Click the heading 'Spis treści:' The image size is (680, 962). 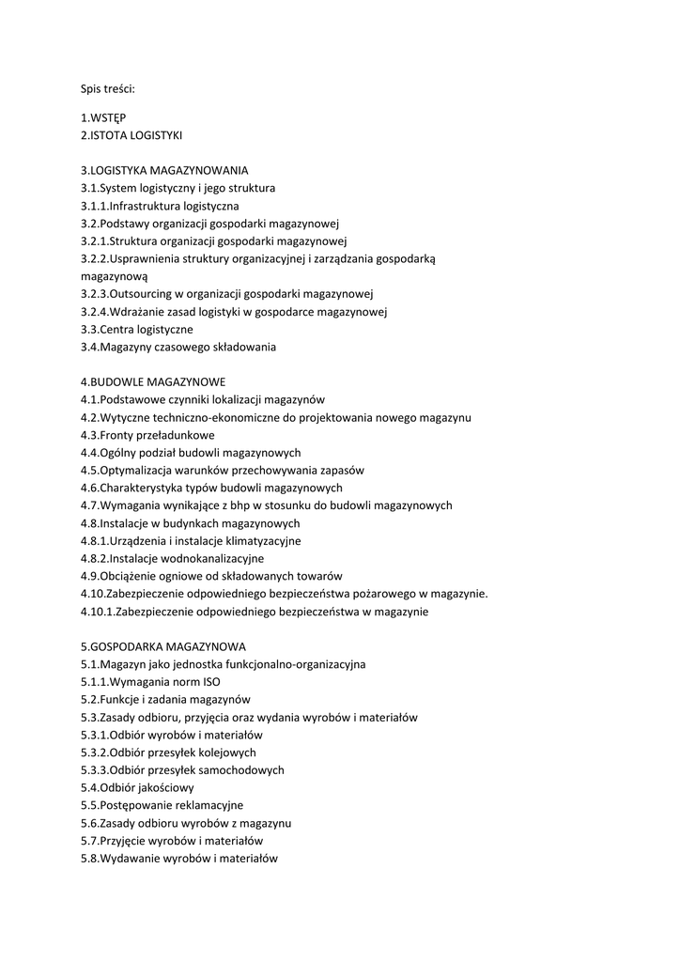click(x=107, y=89)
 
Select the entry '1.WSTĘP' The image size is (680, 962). click(x=103, y=117)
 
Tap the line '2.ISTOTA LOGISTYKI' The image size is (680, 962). click(x=131, y=135)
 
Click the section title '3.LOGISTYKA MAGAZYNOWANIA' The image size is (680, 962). click(x=164, y=170)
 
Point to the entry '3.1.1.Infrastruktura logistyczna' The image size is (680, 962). click(x=160, y=206)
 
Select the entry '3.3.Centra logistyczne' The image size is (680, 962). click(x=137, y=330)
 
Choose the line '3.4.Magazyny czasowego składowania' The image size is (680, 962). click(x=178, y=348)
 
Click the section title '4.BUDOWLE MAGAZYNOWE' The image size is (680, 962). click(x=153, y=382)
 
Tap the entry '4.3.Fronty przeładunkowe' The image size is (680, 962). click(x=147, y=435)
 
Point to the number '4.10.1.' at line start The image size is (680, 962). click(x=100, y=612)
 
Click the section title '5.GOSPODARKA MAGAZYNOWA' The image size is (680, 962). click(x=163, y=646)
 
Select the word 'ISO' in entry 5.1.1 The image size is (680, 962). click(x=211, y=682)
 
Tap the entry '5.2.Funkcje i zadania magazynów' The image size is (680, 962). click(x=165, y=700)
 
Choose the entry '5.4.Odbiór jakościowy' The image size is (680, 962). click(x=137, y=787)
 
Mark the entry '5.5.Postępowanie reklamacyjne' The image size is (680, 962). click(x=162, y=805)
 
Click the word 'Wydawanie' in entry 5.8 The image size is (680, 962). click(x=129, y=858)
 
